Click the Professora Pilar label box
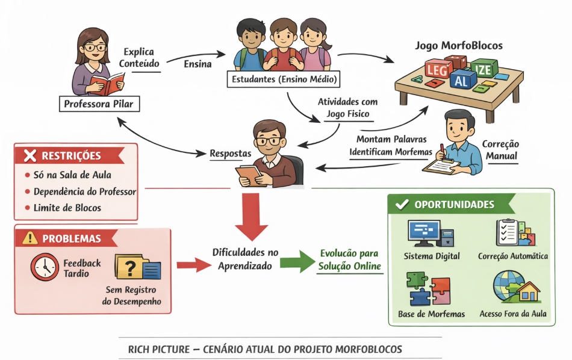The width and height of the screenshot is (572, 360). pyautogui.click(x=98, y=104)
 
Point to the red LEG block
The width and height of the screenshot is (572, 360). pyautogui.click(x=438, y=70)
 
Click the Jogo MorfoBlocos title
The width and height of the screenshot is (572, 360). pyautogui.click(x=458, y=45)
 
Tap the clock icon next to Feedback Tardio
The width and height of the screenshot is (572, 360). pyautogui.click(x=45, y=267)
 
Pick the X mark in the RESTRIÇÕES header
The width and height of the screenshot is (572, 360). pyautogui.click(x=30, y=157)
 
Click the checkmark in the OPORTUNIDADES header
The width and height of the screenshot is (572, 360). pyautogui.click(x=402, y=205)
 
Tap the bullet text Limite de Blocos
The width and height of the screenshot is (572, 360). pyautogui.click(x=67, y=208)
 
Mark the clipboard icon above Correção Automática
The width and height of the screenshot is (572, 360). pyautogui.click(x=512, y=232)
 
